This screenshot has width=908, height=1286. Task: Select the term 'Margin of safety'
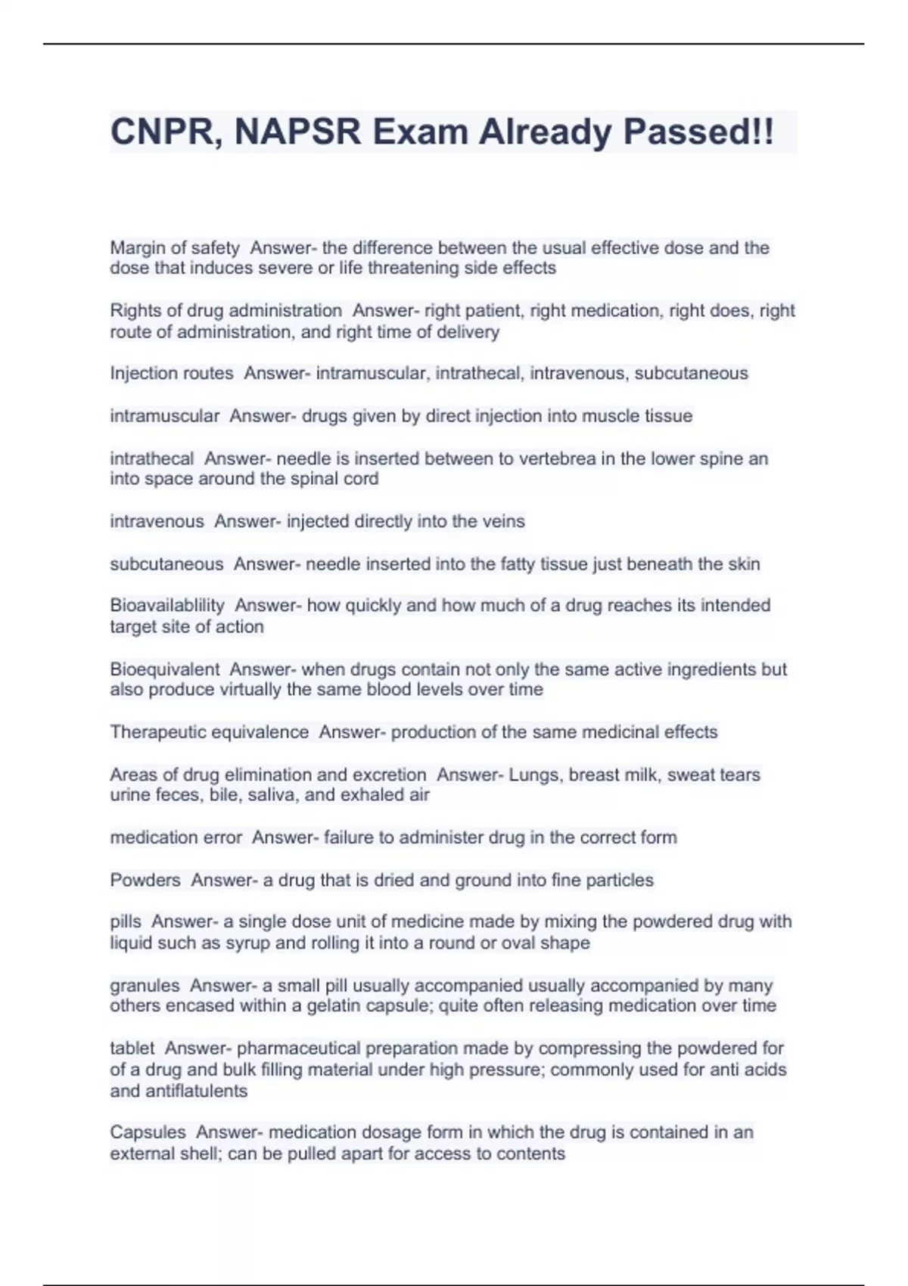pyautogui.click(x=175, y=248)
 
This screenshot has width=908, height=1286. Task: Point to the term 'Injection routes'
pyautogui.click(x=172, y=373)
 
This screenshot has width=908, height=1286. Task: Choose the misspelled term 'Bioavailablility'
pyautogui.click(x=167, y=605)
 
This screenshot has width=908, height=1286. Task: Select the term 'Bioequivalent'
pyautogui.click(x=165, y=669)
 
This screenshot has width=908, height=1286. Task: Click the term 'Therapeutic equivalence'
pyautogui.click(x=210, y=732)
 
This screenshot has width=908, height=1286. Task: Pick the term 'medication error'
pyautogui.click(x=176, y=837)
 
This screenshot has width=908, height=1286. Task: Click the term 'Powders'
pyautogui.click(x=145, y=880)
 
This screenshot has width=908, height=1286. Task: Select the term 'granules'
pyautogui.click(x=145, y=986)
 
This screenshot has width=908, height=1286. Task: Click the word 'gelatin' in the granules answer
pyautogui.click(x=367, y=1005)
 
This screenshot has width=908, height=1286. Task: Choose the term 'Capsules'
pyautogui.click(x=148, y=1132)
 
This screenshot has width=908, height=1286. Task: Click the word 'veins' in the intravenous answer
pyautogui.click(x=503, y=521)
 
